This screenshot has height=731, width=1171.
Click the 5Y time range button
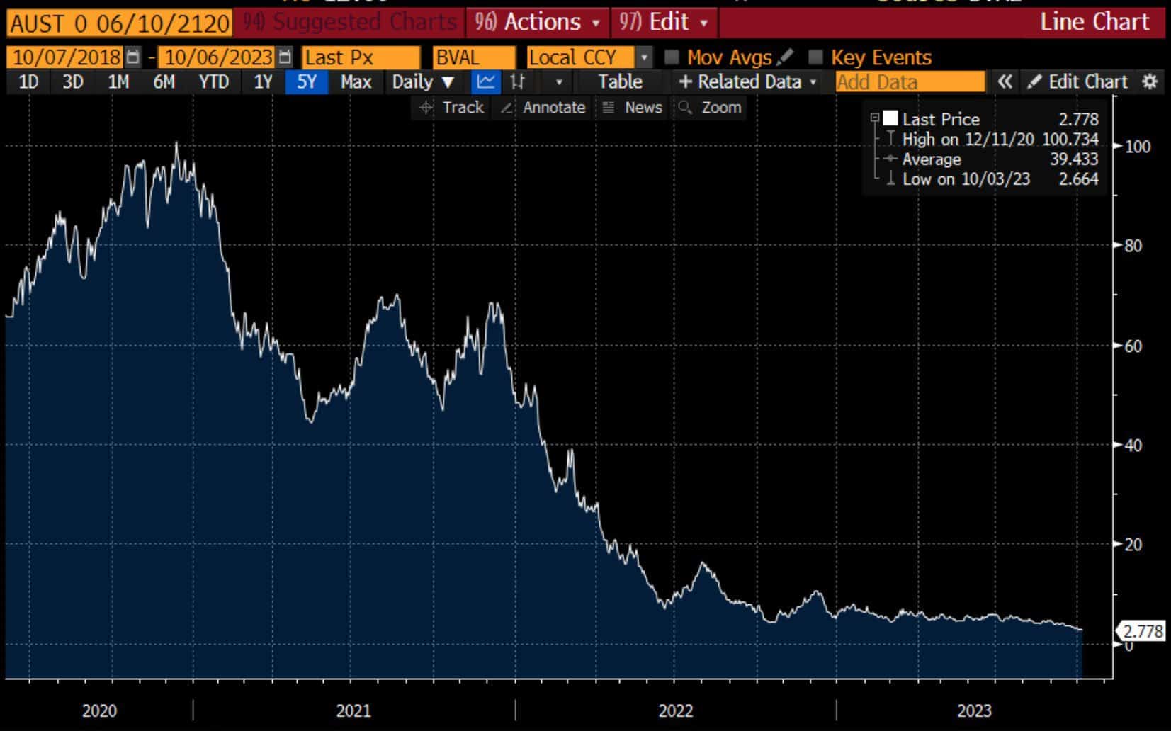pyautogui.click(x=306, y=81)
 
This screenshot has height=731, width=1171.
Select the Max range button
pyautogui.click(x=356, y=81)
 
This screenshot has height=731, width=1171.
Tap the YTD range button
pyautogui.click(x=213, y=81)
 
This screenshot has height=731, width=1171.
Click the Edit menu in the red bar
pyautogui.click(x=664, y=22)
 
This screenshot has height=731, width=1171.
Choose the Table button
pyautogui.click(x=620, y=81)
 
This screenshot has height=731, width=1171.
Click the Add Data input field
pyautogui.click(x=910, y=81)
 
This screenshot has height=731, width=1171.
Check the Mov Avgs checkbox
pyautogui.click(x=672, y=57)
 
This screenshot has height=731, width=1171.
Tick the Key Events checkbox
pyautogui.click(x=815, y=57)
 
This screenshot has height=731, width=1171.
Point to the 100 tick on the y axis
pyautogui.click(x=1137, y=147)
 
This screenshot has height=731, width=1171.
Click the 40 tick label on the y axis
pyautogui.click(x=1133, y=445)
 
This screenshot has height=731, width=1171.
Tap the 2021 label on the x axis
pyautogui.click(x=353, y=710)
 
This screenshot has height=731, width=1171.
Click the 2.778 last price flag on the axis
pyautogui.click(x=1143, y=630)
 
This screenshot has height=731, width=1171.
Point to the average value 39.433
pyautogui.click(x=1074, y=159)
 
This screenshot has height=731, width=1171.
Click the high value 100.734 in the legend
pyautogui.click(x=1070, y=139)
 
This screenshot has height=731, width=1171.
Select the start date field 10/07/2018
pyautogui.click(x=67, y=57)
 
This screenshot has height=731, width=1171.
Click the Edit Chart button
pyautogui.click(x=1079, y=81)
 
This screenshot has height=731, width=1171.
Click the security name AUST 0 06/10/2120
pyautogui.click(x=119, y=23)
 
